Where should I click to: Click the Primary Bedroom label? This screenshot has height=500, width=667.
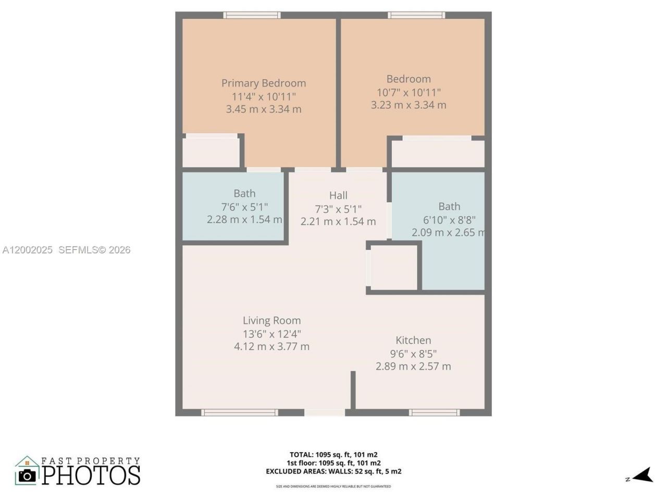(263, 83)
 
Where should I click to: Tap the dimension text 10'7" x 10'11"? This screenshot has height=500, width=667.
(409, 92)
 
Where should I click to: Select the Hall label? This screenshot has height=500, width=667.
(338, 195)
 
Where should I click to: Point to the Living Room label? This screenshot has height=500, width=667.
(271, 320)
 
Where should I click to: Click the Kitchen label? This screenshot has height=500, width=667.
(413, 340)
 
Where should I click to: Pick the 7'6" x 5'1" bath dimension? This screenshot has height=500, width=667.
(244, 206)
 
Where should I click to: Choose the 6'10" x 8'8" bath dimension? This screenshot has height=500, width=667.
(449, 219)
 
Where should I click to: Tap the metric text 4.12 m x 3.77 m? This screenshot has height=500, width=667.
(271, 346)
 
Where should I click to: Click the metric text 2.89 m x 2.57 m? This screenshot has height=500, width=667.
(413, 366)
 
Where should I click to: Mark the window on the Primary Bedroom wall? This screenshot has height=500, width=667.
(252, 15)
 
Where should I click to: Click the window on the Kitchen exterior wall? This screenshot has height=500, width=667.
(434, 413)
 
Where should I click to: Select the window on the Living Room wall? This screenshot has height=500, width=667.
(240, 413)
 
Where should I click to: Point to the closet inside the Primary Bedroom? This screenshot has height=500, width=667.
(211, 152)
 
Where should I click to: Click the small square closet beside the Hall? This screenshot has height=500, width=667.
(393, 266)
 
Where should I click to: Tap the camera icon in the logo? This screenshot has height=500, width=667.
(27, 475)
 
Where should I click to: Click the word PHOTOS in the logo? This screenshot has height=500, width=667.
(91, 475)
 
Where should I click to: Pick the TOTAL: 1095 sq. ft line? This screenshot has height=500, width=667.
(333, 454)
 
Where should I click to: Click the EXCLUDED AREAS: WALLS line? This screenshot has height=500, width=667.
(333, 471)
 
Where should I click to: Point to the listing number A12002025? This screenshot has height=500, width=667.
(27, 250)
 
